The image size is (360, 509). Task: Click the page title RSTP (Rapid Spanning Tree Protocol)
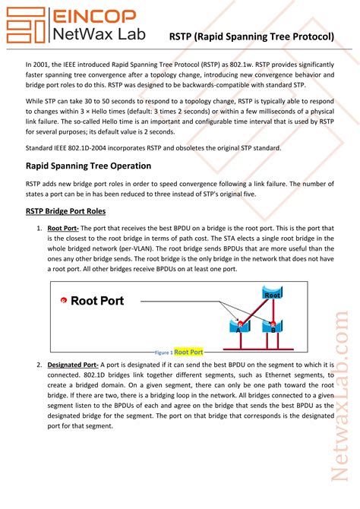pyautogui.click(x=252, y=36)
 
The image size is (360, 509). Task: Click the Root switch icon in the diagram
pyautogui.click(x=272, y=293)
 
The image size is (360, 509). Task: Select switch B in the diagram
pyautogui.click(x=271, y=326)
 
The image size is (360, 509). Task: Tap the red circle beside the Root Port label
pyautogui.click(x=63, y=301)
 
